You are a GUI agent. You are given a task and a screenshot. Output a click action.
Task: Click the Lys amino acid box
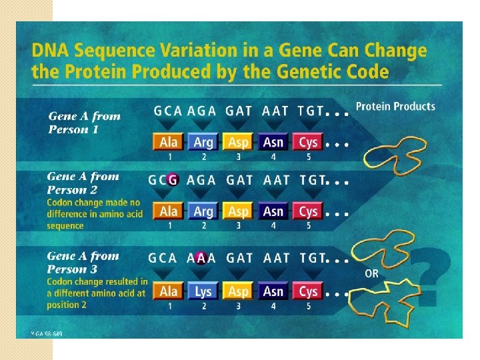tap(203, 291)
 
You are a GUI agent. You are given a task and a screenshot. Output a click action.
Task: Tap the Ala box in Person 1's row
tap(169, 142)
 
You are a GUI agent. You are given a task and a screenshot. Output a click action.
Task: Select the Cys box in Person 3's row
tap(308, 291)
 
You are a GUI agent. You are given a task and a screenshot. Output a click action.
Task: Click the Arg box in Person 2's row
tap(203, 211)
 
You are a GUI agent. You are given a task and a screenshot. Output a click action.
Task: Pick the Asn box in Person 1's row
tap(273, 142)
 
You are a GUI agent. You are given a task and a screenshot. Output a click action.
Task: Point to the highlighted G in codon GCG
tap(173, 179)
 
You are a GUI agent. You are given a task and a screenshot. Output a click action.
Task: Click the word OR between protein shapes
tap(372, 273)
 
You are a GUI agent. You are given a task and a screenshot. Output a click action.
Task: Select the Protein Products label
tap(395, 107)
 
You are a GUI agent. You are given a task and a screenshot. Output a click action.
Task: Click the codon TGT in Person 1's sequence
tap(311, 111)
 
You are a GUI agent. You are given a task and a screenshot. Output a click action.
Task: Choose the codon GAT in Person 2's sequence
tap(239, 180)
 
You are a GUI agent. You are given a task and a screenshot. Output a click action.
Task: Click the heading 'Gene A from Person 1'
tap(85, 122)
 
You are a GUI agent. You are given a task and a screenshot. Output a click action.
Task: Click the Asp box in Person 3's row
tap(238, 291)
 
